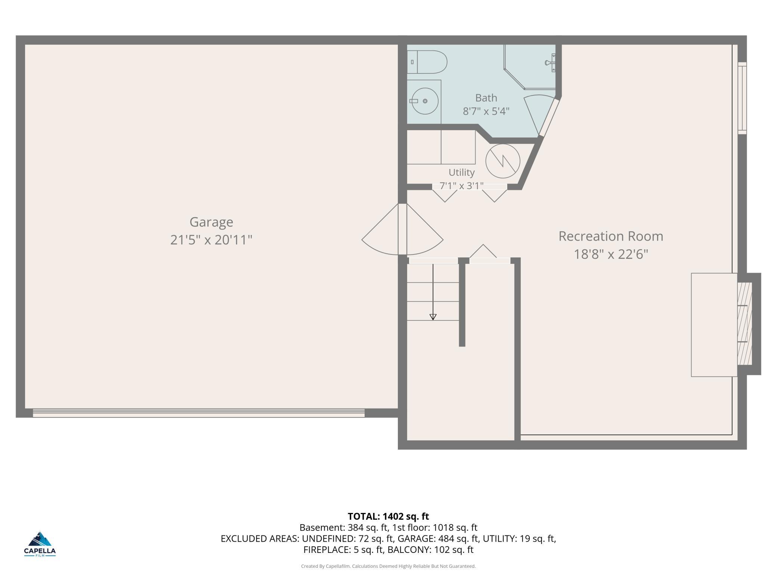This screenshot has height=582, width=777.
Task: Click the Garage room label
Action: [211, 222]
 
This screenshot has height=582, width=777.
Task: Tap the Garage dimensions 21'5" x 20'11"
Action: [211, 240]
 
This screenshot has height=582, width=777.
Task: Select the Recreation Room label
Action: [611, 236]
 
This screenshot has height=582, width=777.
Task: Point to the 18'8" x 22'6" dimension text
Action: [611, 254]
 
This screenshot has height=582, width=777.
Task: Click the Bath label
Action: [486, 98]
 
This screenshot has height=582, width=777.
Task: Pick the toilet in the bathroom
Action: [427, 62]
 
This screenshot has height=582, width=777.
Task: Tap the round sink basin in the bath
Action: [425, 101]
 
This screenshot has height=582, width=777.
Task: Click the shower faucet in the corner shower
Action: [551, 63]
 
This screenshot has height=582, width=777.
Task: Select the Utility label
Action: [461, 172]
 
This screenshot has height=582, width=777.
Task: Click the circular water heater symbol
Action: [503, 162]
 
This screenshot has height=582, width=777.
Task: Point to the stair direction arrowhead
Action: [433, 317]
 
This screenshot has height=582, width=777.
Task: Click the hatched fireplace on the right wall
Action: [744, 323]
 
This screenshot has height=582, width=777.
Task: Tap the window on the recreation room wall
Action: [742, 98]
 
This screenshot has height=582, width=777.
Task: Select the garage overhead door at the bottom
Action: [199, 413]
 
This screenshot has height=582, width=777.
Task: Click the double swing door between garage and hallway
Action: [402, 229]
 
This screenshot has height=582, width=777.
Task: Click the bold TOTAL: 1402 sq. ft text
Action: [388, 516]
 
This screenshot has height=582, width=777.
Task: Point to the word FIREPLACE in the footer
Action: [326, 550]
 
